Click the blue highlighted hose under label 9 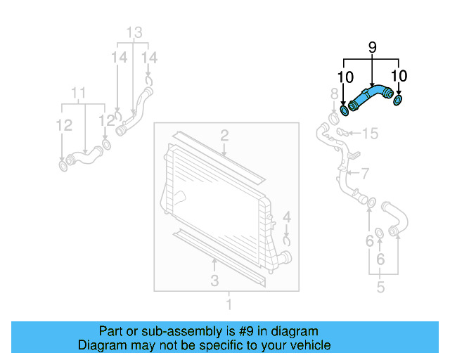[370, 97]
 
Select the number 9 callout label [372, 48]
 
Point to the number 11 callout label [79, 93]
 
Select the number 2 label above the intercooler [224, 134]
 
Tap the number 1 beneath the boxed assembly [228, 304]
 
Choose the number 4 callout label [286, 217]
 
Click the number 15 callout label [370, 133]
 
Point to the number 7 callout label [364, 173]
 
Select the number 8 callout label [334, 94]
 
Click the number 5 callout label [380, 288]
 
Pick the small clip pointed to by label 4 [287, 240]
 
